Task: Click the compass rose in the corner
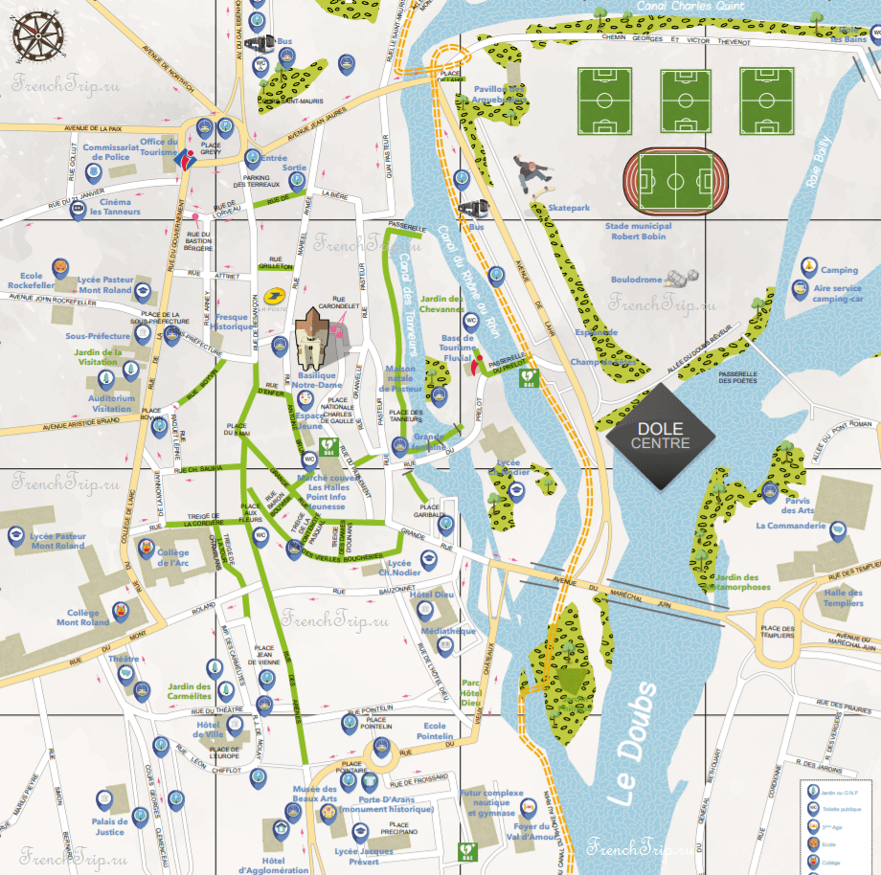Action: pos(39,35)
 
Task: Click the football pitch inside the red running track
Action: pos(674,179)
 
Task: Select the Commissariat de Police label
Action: pos(110,152)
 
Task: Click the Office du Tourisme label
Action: pos(159,146)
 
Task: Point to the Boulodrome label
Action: pos(637,280)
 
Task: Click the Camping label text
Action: pos(839,270)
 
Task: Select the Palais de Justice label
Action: pos(109,826)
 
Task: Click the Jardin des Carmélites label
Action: pos(189,691)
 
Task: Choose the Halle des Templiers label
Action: pos(843,597)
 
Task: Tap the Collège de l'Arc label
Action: pos(172,557)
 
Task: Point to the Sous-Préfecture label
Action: pos(98,337)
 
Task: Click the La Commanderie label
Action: pos(790,526)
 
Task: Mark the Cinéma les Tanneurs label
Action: pos(115,207)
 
